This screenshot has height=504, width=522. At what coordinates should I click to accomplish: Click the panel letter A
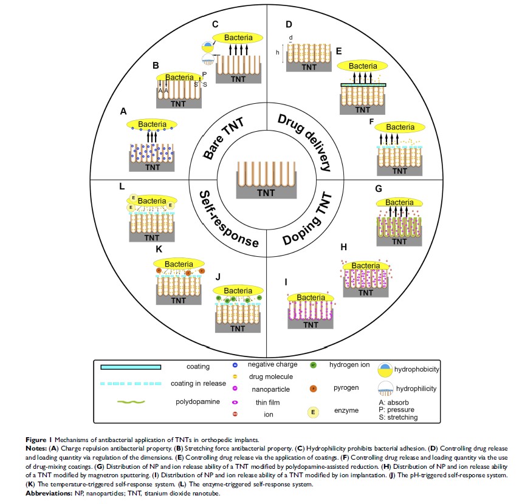coord(123,111)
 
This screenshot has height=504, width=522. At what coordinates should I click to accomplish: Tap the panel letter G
coord(379,189)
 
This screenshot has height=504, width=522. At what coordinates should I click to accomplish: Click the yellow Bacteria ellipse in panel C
coord(238,38)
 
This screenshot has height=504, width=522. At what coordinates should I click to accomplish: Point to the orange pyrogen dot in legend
coord(312,387)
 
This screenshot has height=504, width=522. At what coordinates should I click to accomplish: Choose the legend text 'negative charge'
coord(273,364)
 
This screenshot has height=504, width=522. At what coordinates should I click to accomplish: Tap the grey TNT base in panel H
coord(366,292)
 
